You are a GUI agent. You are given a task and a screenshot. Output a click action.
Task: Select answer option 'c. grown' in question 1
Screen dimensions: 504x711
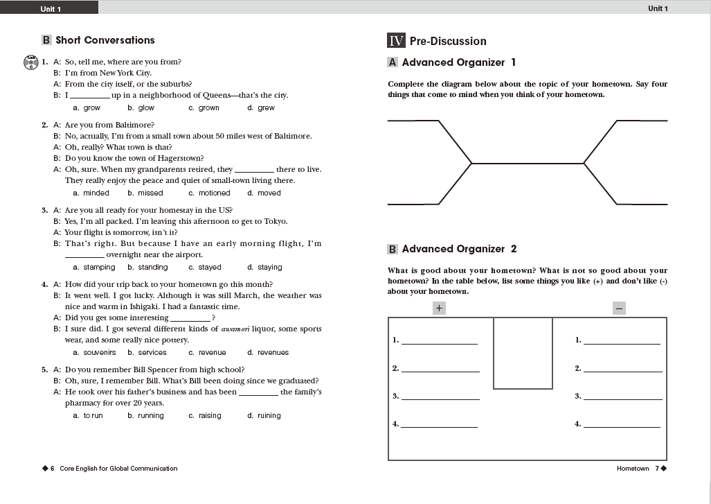(204, 108)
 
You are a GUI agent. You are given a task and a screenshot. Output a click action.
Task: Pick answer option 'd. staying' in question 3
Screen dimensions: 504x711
(264, 268)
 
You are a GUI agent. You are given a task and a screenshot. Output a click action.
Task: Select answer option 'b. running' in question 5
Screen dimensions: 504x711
(145, 416)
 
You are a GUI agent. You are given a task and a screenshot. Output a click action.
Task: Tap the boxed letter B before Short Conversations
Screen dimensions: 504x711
(46, 40)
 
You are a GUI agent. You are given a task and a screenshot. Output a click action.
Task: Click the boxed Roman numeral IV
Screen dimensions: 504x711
(396, 41)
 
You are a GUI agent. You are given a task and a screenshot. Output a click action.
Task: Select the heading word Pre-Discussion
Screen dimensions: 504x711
(448, 42)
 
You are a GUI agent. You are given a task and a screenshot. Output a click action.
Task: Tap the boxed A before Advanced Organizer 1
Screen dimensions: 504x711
(393, 62)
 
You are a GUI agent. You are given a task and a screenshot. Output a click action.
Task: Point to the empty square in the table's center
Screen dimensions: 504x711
(523, 353)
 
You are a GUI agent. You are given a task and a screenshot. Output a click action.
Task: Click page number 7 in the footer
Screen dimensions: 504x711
(656, 469)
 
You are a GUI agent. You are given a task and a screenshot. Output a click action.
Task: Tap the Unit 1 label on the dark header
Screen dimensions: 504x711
(51, 9)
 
